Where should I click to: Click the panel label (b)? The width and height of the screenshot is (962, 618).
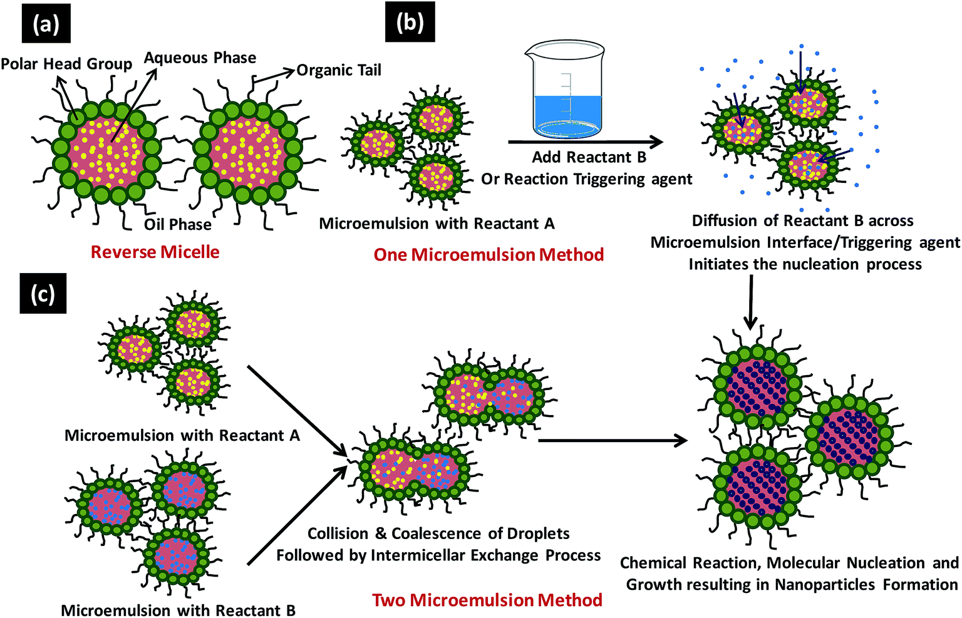(x=410, y=23)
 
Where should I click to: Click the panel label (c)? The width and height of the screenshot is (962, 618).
(x=43, y=294)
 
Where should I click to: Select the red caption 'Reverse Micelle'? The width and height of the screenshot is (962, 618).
(x=155, y=252)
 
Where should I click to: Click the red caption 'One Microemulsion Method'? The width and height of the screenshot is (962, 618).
(x=489, y=255)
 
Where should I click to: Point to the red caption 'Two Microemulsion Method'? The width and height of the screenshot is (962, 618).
(x=487, y=600)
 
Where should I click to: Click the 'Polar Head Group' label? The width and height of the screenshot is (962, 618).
(x=66, y=64)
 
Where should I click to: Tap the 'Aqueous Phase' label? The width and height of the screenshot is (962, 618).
(x=200, y=58)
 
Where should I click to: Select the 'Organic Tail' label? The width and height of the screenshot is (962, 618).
(x=339, y=70)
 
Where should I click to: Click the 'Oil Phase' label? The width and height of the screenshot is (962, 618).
(x=178, y=225)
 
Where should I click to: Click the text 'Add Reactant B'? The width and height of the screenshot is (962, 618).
(x=589, y=157)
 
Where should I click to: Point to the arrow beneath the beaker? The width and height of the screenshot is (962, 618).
(x=585, y=143)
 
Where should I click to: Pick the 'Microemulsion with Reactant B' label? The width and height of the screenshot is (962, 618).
(x=178, y=610)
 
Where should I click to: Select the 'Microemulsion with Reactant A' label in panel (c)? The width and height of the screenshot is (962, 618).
(x=182, y=435)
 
